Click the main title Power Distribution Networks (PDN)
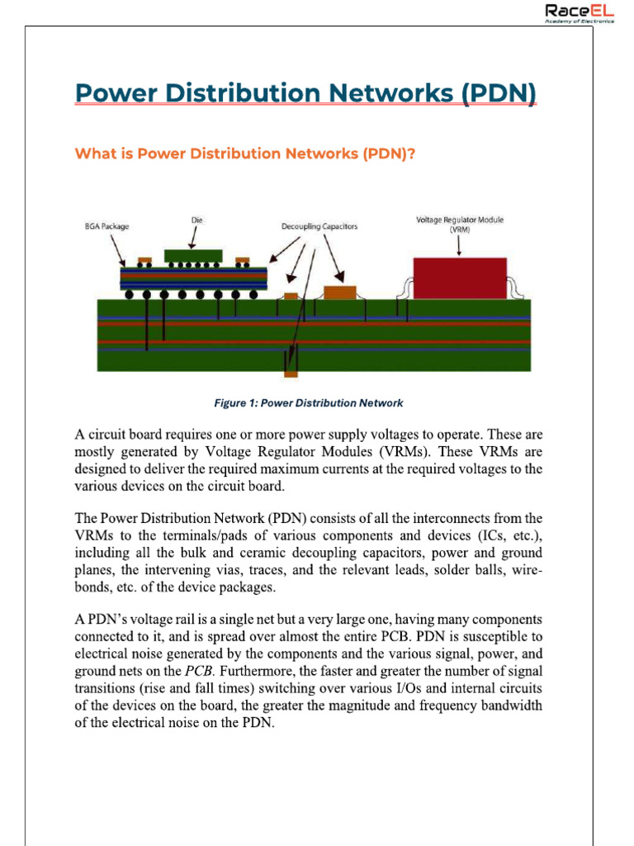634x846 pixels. tap(305, 93)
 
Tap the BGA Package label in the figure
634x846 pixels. tap(106, 226)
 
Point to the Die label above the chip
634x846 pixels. tap(197, 220)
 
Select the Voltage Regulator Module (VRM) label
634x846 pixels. tap(460, 225)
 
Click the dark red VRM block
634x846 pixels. tap(460, 278)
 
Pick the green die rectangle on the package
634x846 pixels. tap(193, 255)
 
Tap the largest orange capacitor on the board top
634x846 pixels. tap(339, 292)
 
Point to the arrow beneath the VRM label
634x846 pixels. tap(460, 245)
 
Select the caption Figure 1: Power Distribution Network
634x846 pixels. tap(309, 403)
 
